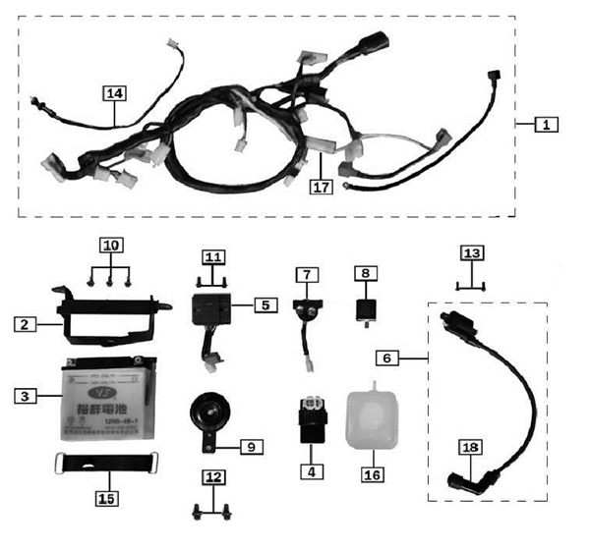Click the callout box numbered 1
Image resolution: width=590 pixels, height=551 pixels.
547,125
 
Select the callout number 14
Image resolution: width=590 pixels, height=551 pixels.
115,93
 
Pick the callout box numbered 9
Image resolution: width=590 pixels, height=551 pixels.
251,446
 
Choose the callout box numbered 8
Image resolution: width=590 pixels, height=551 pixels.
366,271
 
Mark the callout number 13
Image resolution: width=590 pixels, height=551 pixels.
474,253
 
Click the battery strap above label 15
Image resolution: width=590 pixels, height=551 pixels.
106,461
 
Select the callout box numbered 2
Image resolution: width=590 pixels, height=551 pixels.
27,322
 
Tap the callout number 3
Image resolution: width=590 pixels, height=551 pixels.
27,397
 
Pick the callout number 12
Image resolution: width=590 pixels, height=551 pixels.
213,478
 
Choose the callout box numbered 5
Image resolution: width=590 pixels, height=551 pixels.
264,305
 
